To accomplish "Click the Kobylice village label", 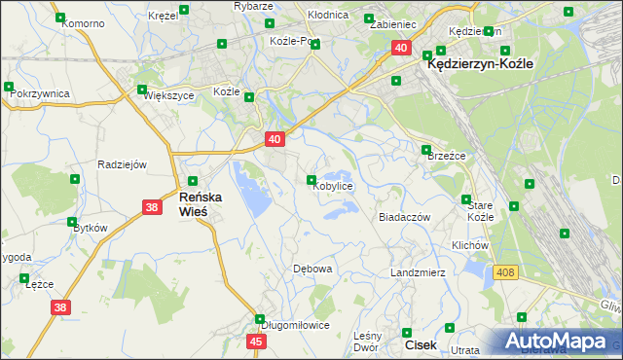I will click(x=332, y=186).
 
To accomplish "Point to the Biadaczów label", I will click(x=404, y=218).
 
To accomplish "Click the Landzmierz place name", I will click(x=418, y=272).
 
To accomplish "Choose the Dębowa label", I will click(x=312, y=269).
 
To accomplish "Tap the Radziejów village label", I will click(x=122, y=164).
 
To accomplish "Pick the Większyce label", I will click(x=169, y=96).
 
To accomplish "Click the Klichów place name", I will click(x=469, y=245).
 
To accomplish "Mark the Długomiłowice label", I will click(x=294, y=326).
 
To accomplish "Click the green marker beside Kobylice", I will click(x=311, y=180).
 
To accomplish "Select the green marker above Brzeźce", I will click(x=426, y=150).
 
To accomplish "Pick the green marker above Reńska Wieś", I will click(x=193, y=181).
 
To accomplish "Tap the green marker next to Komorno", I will click(x=61, y=18).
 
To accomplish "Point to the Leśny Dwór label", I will click(x=365, y=340).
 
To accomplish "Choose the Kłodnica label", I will click(x=328, y=17).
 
